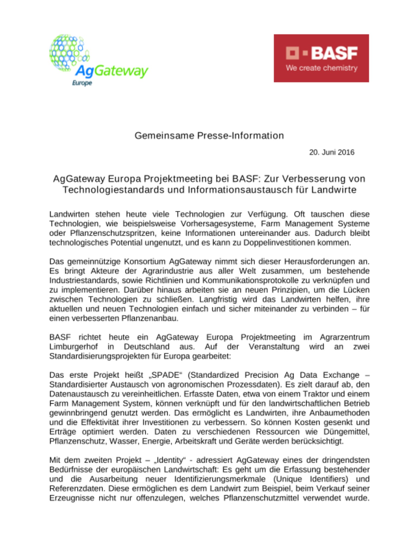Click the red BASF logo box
[x=321, y=58]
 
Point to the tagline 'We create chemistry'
[x=321, y=68]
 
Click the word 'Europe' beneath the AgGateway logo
[x=82, y=83]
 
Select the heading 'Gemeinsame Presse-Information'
[x=209, y=135]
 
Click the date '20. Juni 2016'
[x=331, y=152]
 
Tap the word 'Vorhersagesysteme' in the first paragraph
[x=218, y=224]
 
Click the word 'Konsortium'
[x=145, y=261]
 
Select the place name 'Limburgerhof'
[x=73, y=347]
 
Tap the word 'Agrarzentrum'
[x=344, y=337]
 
